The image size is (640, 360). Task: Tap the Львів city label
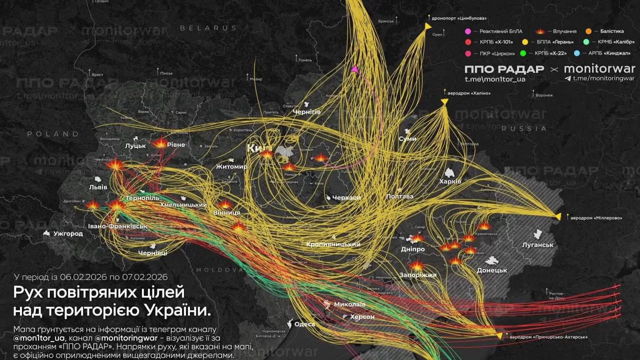point(98,187)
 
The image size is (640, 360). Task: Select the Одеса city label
point(304,324)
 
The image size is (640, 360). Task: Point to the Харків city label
point(450,181)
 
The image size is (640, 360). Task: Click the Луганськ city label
point(537,245)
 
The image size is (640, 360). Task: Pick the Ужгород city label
point(68,233)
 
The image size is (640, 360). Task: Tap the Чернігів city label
point(306,112)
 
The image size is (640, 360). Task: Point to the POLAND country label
point(53,134)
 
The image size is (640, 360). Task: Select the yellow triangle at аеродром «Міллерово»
point(558,216)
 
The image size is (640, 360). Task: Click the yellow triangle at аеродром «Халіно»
point(444,102)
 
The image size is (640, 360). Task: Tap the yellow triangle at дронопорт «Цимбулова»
point(428,25)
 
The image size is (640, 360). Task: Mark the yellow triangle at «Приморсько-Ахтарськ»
point(498,335)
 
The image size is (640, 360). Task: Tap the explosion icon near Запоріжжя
point(416,265)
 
